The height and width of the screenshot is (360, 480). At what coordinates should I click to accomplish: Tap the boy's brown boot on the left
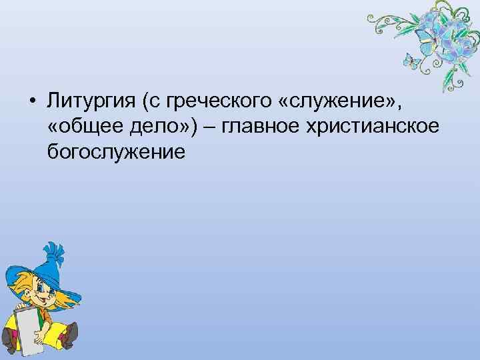coord(9,344)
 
